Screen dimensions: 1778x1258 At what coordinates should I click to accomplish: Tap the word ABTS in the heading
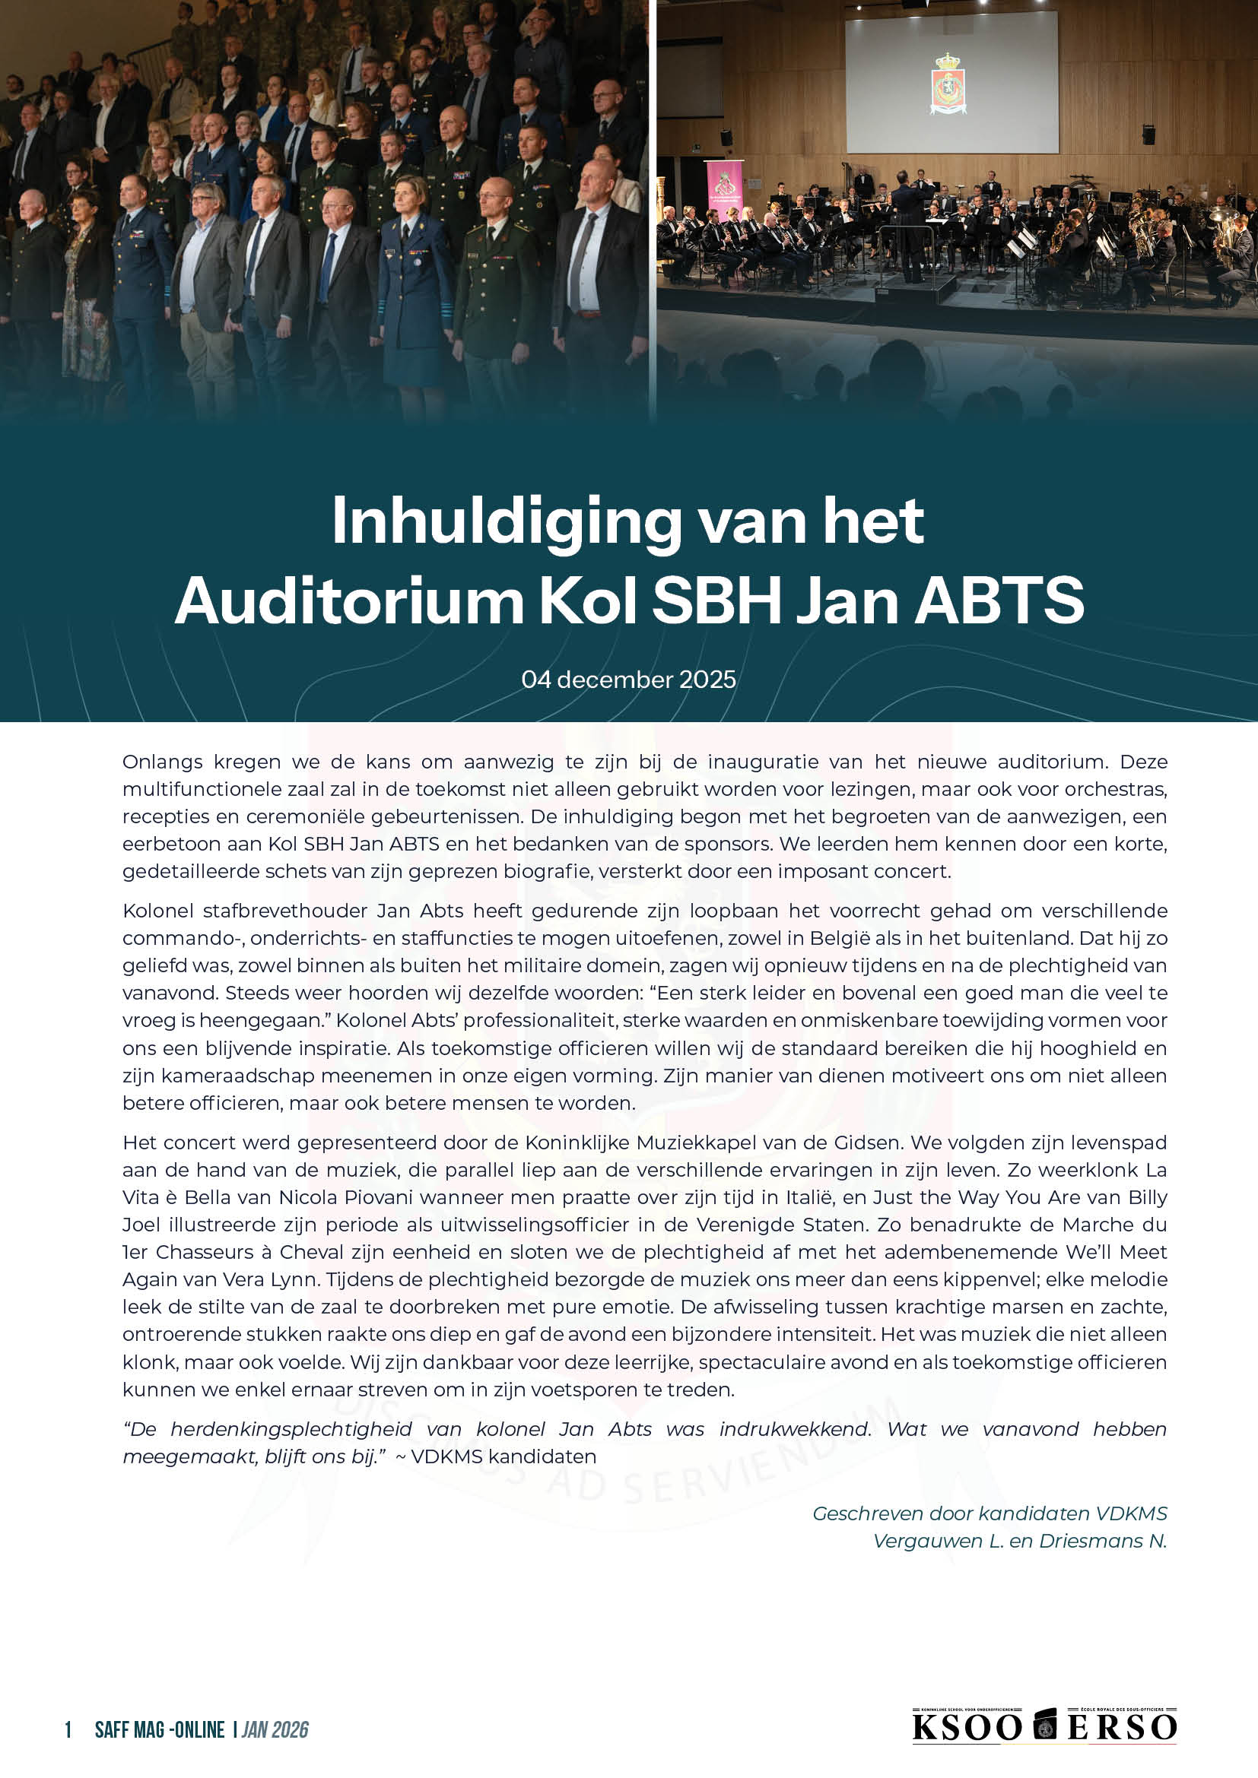tap(999, 601)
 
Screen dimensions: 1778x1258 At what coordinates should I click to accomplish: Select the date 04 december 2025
tap(628, 679)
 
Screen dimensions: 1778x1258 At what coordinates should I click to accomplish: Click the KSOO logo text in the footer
tap(967, 1727)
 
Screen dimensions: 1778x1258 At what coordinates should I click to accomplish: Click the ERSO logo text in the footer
tap(1123, 1727)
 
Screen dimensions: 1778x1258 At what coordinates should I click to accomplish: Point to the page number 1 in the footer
tap(68, 1730)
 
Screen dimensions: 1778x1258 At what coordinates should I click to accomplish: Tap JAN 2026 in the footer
tap(275, 1730)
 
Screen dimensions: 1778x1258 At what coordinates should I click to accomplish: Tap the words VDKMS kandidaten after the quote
tap(503, 1456)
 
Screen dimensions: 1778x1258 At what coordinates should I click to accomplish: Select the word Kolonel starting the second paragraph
tap(157, 911)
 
